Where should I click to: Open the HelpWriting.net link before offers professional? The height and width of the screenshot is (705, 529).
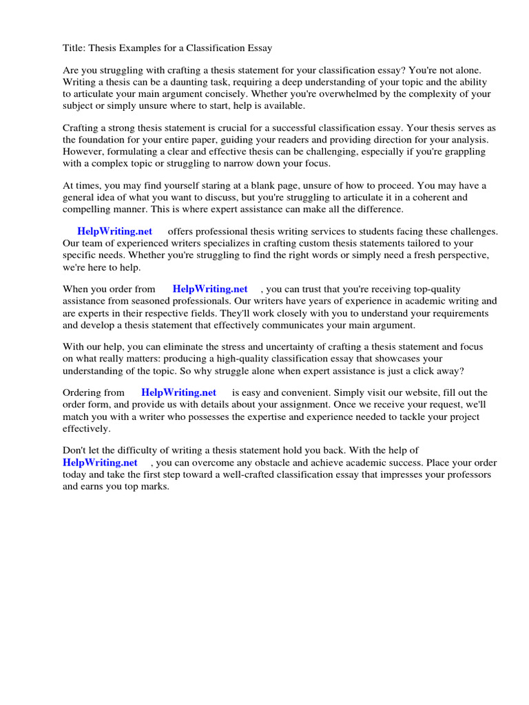(114, 232)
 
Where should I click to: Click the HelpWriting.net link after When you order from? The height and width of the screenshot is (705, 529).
(209, 289)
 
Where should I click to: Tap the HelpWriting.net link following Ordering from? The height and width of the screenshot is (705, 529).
(178, 392)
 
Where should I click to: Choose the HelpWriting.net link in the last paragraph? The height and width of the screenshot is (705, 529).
(99, 463)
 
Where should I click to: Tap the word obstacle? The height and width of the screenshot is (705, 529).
(277, 463)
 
